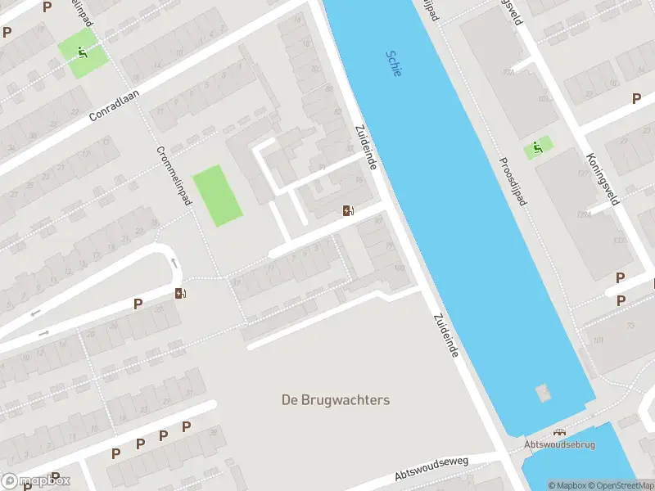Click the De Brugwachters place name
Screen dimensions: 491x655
(336, 400)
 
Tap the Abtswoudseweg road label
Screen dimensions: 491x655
(431, 469)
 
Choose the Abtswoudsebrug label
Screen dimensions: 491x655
(560, 445)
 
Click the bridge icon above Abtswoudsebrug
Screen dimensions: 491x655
(560, 432)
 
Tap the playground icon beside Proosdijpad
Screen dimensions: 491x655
(538, 148)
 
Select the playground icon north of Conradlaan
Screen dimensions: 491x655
(82, 53)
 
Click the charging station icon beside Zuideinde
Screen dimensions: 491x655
(349, 211)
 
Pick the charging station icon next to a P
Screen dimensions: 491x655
(179, 293)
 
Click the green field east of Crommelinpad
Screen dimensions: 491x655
(218, 196)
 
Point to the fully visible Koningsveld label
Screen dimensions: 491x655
(603, 179)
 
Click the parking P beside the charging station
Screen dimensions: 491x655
(138, 304)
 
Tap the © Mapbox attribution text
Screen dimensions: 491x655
(564, 485)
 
